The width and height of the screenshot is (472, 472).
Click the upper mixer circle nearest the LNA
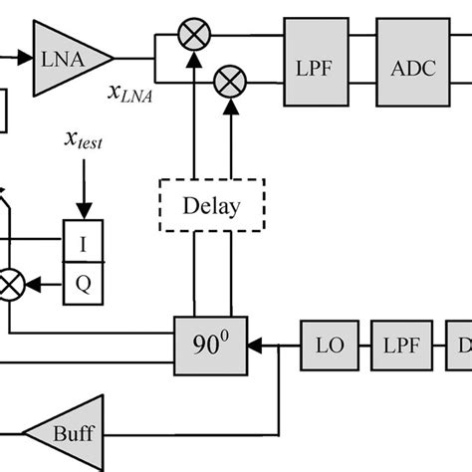click(190, 37)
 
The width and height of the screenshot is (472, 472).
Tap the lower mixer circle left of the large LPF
click(231, 78)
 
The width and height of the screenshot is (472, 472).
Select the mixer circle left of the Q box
click(10, 286)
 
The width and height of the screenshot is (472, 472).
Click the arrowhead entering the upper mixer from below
click(190, 58)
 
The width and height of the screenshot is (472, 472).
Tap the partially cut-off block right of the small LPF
click(461, 346)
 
